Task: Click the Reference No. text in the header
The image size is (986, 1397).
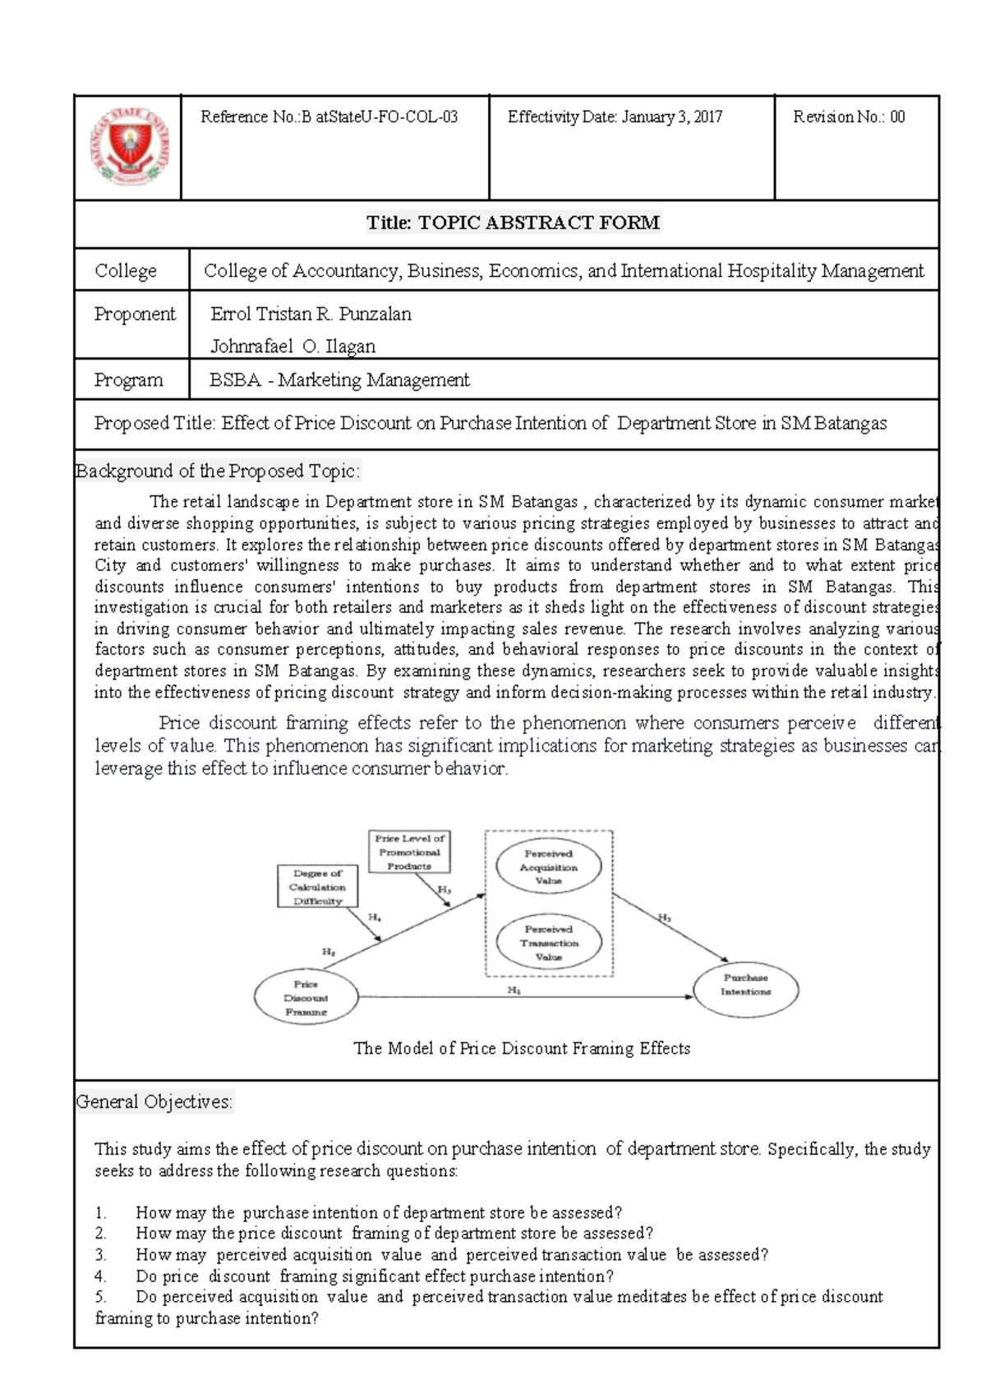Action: coord(329,117)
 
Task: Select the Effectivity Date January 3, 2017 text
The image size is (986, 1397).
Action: coord(615,117)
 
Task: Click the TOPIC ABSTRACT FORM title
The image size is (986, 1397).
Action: coord(513,223)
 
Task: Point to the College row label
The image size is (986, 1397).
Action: coord(126,270)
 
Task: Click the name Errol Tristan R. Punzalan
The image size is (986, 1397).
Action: coord(311,314)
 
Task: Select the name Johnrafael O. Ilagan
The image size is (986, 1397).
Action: coord(293,346)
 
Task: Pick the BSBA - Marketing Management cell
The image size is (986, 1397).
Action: coord(339,379)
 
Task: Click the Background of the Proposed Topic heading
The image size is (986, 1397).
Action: coord(218,471)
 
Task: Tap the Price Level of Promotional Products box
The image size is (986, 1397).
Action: coord(409,852)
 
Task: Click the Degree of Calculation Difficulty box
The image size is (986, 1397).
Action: coord(317,887)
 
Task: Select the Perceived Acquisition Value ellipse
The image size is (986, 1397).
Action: coord(548,866)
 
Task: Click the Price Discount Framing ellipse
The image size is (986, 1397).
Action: coord(306,998)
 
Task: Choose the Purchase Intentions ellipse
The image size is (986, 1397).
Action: coord(745,985)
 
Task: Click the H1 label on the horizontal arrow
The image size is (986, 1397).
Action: coord(514,990)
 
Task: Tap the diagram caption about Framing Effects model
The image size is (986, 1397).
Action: coord(521,1048)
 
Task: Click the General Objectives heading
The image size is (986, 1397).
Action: coord(154,1101)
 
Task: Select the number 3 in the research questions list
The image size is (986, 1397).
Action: coord(101,1255)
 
